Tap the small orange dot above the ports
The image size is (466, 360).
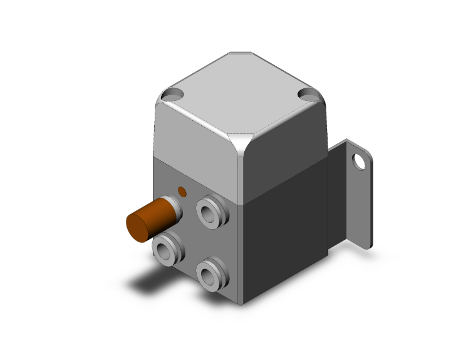pos(182,191)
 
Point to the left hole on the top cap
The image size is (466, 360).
pos(171,96)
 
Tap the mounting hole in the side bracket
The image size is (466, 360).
pos(359,162)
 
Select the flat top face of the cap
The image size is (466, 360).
pos(241,94)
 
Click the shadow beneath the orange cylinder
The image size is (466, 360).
pos(147,282)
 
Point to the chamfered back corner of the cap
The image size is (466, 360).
pos(241,53)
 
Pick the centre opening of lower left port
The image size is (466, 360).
pos(166,251)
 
